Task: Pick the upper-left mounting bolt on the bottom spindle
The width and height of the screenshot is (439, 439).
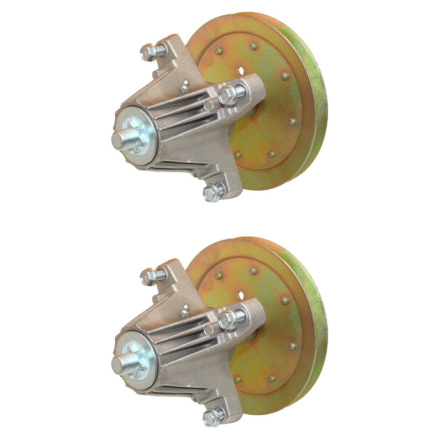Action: click(148, 277)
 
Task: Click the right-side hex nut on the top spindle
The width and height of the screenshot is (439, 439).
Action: click(227, 94)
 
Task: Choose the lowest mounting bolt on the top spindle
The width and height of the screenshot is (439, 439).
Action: click(212, 192)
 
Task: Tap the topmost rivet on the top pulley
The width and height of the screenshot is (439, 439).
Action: click(253, 46)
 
